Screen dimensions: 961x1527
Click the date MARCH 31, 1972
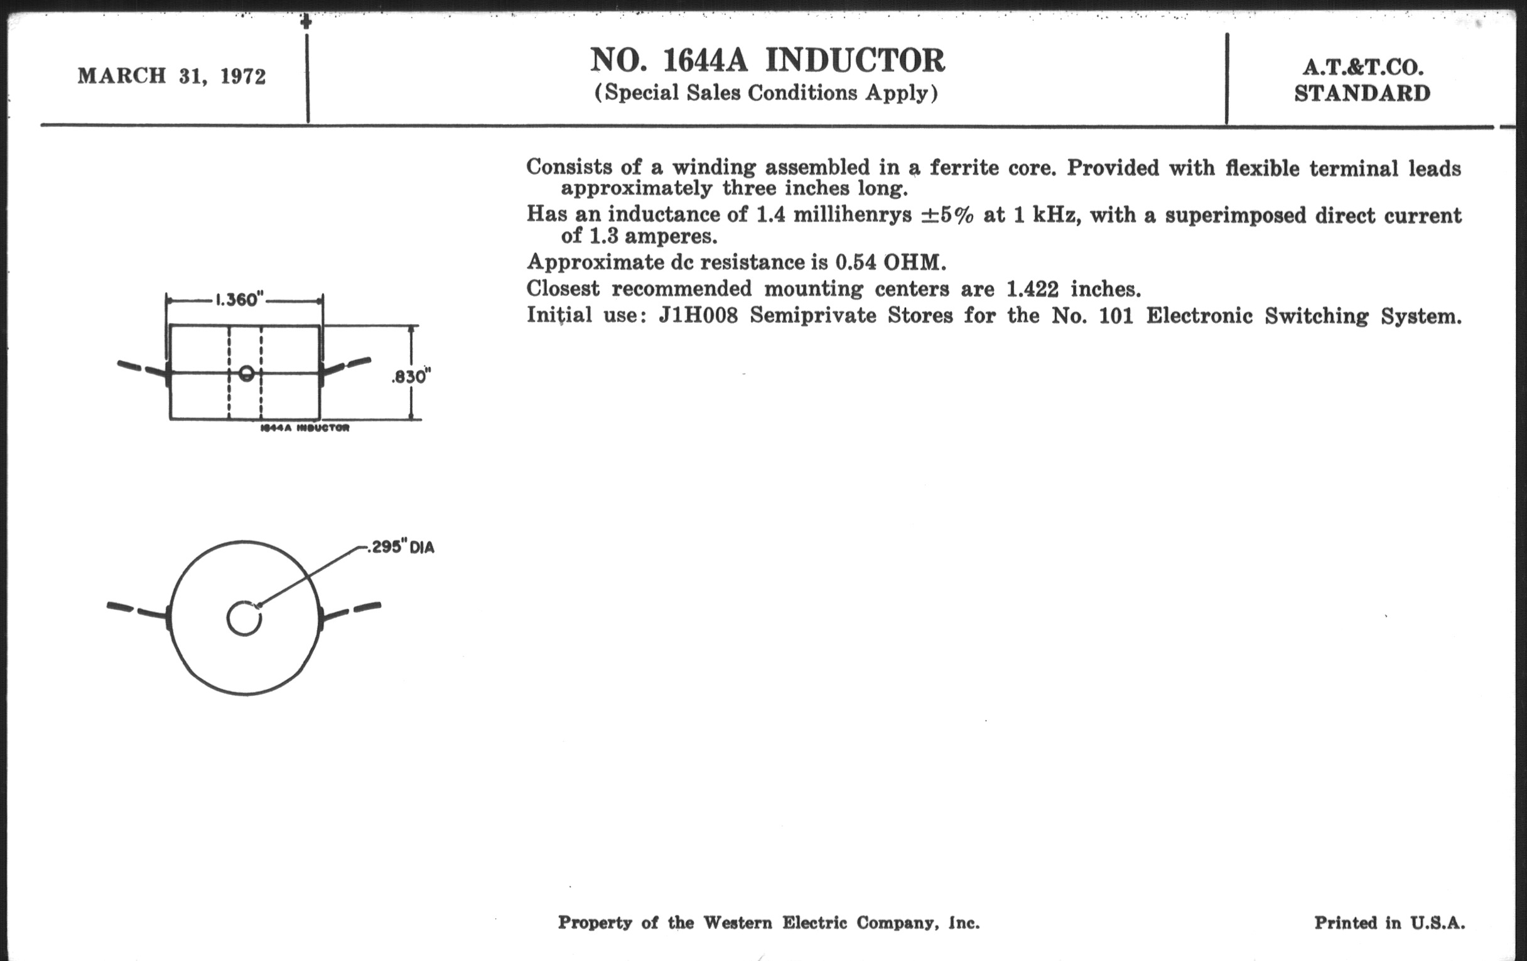[171, 76]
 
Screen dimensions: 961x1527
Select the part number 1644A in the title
[704, 61]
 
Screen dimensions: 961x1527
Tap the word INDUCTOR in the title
[855, 61]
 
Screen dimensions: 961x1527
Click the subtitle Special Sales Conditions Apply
[765, 92]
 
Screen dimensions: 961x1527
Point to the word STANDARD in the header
[1362, 93]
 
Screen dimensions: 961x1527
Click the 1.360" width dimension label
[239, 300]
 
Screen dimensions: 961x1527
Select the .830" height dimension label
[411, 377]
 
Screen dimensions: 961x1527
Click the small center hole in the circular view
[244, 619]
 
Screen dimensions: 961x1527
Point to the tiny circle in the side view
[247, 373]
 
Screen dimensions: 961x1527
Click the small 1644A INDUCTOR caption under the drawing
[305, 428]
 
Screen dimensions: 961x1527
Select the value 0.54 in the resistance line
[855, 262]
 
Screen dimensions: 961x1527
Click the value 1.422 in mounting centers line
[1032, 290]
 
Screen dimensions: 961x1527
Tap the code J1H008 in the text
[698, 315]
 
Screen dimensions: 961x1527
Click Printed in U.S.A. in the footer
[1389, 922]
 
